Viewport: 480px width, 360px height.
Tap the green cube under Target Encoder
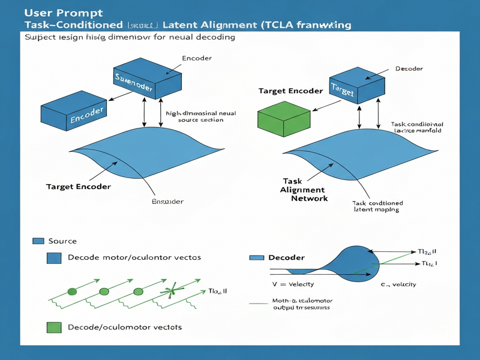[x=282, y=115]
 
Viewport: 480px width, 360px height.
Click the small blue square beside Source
[x=38, y=241]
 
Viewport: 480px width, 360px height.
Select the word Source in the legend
[x=62, y=241]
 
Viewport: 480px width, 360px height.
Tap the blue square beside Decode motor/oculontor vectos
[x=54, y=258]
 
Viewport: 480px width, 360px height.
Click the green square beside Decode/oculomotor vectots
[x=54, y=327]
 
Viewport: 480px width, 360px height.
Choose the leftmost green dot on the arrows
[x=72, y=291]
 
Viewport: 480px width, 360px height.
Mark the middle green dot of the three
[x=104, y=291]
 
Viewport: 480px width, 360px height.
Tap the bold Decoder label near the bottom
[x=286, y=257]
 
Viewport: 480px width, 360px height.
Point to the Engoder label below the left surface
[x=167, y=201]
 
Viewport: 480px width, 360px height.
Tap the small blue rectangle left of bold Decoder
[x=256, y=257]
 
